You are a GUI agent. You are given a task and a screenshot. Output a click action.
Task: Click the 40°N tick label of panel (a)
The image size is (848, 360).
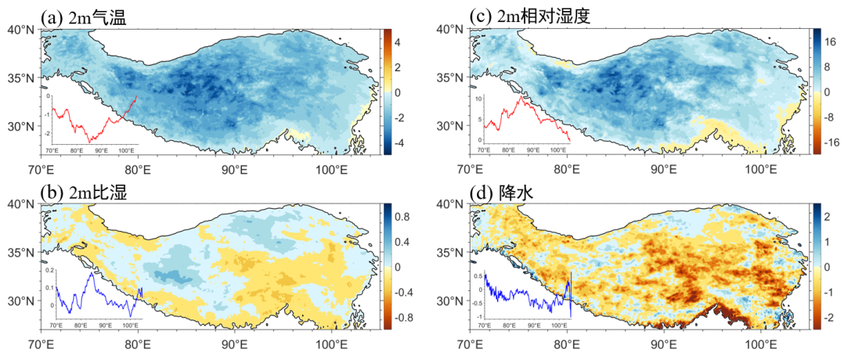point(23,30)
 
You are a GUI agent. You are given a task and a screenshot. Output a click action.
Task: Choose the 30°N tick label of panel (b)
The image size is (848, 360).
point(23,301)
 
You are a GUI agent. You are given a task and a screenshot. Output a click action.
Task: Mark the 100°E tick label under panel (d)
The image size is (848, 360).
point(761,342)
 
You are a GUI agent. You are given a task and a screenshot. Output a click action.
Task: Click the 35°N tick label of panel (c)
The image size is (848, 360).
point(452,78)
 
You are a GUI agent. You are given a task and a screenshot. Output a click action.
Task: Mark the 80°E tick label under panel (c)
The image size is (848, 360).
point(566,167)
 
